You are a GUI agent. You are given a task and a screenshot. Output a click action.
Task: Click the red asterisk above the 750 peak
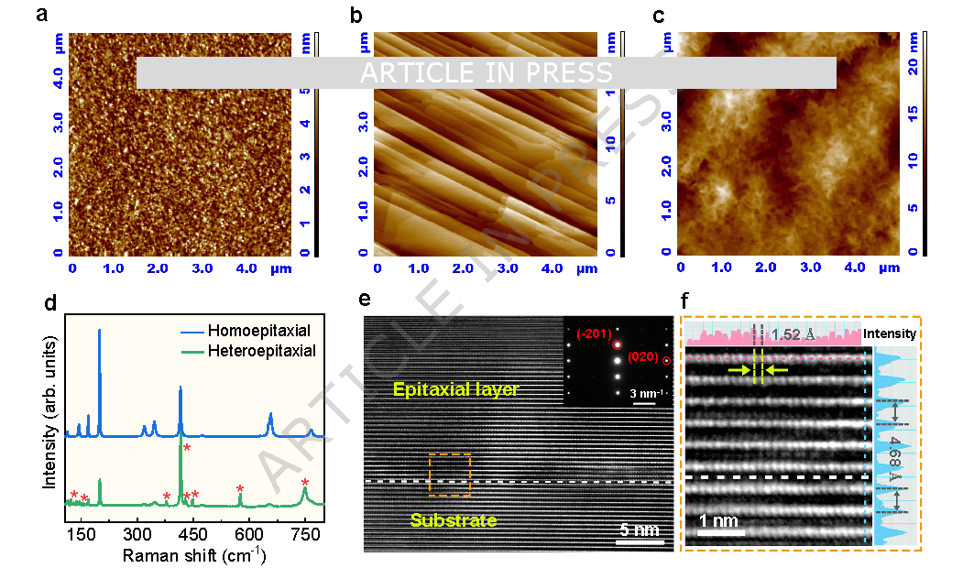[x=305, y=484]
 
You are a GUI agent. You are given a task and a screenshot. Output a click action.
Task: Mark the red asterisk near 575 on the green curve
[x=240, y=489]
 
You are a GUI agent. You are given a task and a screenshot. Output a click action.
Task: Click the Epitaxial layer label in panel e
[x=456, y=390]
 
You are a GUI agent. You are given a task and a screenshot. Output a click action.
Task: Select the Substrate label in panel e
[x=454, y=520]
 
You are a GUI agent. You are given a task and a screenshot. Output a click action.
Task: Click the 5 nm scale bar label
[x=637, y=530]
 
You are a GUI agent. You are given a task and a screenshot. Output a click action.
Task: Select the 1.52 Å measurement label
[x=794, y=335]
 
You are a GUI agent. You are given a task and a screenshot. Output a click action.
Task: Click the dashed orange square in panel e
[x=449, y=475]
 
